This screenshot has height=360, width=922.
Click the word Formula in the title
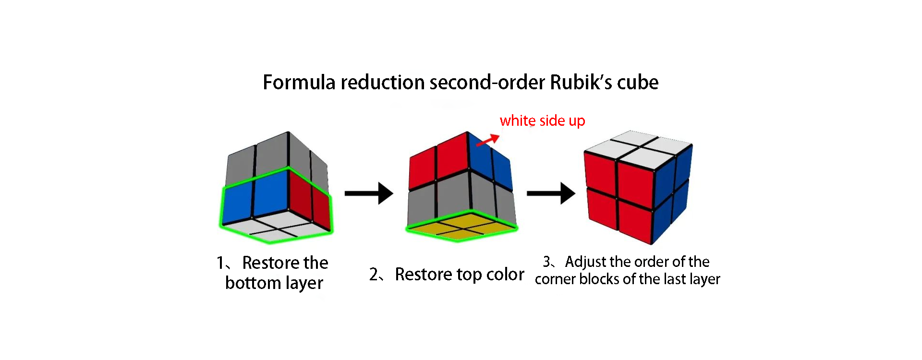pyautogui.click(x=299, y=83)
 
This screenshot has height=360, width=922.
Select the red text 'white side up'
pyautogui.click(x=542, y=120)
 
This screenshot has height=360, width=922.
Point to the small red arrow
pyautogui.click(x=488, y=140)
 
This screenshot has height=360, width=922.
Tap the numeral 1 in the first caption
pyautogui.click(x=220, y=263)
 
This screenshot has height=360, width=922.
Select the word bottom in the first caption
pyautogui.click(x=253, y=283)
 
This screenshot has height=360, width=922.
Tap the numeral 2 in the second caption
pyautogui.click(x=374, y=275)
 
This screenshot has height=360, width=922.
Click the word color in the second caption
pyautogui.click(x=505, y=275)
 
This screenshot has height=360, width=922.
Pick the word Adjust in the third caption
pyautogui.click(x=585, y=262)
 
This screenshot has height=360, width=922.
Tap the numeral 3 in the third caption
pyautogui.click(x=547, y=262)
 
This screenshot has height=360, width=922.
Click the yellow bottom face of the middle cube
pyautogui.click(x=461, y=227)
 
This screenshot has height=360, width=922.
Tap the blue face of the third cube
pyautogui.click(x=672, y=192)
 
